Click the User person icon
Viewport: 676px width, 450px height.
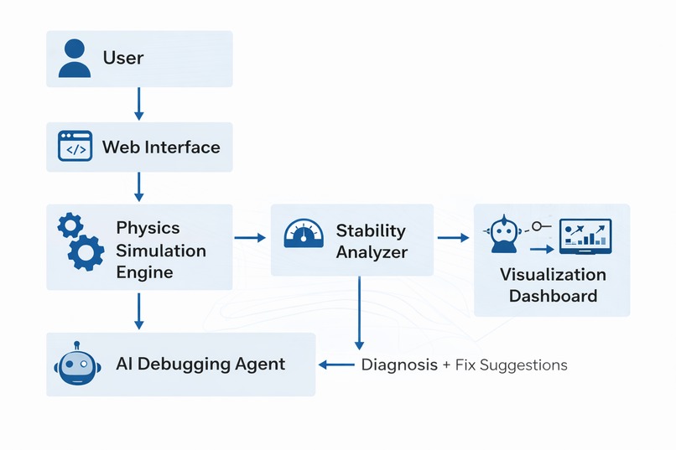click(74, 59)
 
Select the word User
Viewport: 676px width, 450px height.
click(123, 59)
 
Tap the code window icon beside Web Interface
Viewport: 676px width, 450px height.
click(75, 147)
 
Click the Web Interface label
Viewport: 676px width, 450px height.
click(161, 147)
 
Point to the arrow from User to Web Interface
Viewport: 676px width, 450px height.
click(139, 104)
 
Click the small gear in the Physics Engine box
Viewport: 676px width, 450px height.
click(70, 225)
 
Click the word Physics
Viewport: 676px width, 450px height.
click(148, 228)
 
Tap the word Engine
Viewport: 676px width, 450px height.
click(144, 272)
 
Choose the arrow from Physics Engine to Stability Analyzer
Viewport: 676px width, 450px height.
click(249, 238)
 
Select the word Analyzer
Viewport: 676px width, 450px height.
click(372, 251)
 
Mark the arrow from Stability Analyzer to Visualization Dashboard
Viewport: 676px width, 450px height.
click(453, 238)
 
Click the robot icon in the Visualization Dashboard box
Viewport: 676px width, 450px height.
click(502, 233)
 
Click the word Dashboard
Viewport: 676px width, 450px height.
click(553, 296)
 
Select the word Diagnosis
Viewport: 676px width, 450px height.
click(399, 365)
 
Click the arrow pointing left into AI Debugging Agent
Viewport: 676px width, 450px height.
click(336, 365)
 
